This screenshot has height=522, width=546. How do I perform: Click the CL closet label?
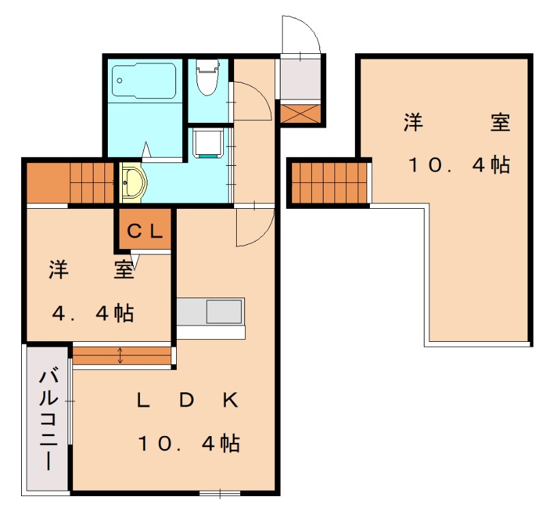pyautogui.click(x=145, y=231)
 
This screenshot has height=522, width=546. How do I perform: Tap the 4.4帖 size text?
pyautogui.click(x=94, y=313)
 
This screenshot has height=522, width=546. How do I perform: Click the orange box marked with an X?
pyautogui.click(x=300, y=114)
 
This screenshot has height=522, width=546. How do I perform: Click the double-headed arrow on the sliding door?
pyautogui.click(x=120, y=356)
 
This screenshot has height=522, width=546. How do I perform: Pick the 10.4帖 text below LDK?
pyautogui.click(x=189, y=444)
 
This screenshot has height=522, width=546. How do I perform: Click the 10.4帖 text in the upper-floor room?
pyautogui.click(x=459, y=164)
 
